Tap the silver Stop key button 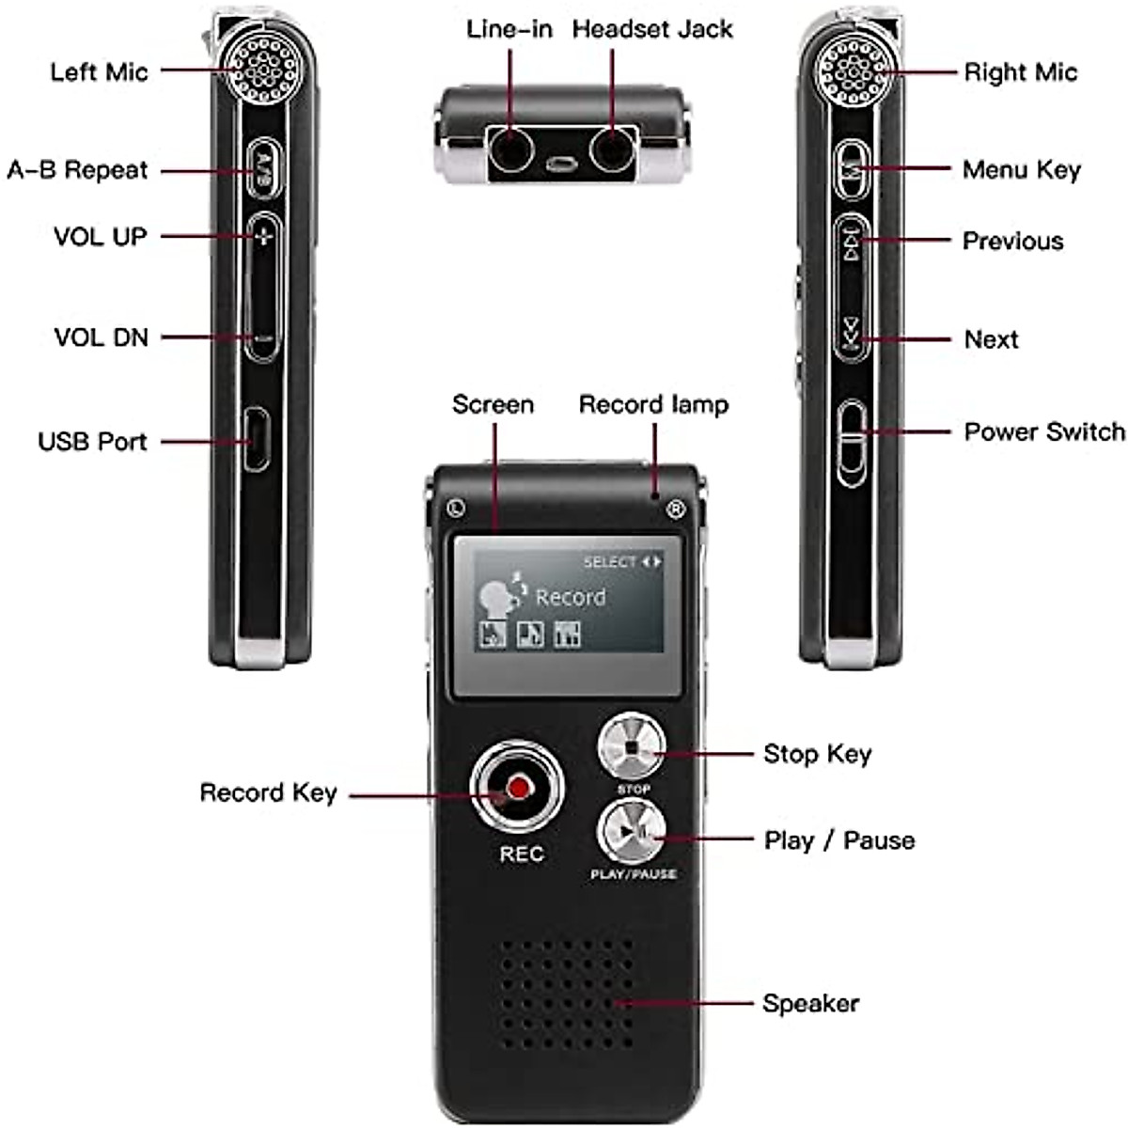click(x=632, y=748)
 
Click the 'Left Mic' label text click(x=99, y=72)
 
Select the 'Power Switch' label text click(x=1043, y=431)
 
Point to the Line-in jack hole click(x=510, y=149)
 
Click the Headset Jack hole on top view click(x=613, y=149)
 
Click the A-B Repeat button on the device click(x=265, y=169)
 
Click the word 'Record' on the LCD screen click(x=571, y=597)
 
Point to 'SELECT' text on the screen click(x=610, y=561)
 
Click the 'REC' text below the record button click(x=521, y=854)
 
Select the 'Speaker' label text click(x=810, y=1003)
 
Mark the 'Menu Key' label click(x=1021, y=170)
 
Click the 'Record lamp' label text click(x=653, y=405)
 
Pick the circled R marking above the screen click(x=675, y=510)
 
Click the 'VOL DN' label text click(x=101, y=337)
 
